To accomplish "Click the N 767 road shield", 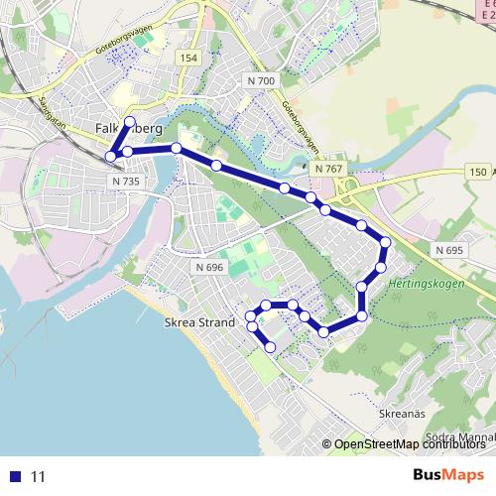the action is tap(328, 169).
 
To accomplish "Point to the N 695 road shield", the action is tap(448, 250).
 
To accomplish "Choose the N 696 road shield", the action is tap(209, 267).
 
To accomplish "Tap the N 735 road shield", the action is tap(127, 182).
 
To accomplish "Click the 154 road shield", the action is tap(188, 59).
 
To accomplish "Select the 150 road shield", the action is tap(476, 172).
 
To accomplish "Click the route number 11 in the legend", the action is tap(39, 477).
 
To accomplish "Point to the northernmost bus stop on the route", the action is tap(129, 120).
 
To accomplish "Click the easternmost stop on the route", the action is tap(385, 243).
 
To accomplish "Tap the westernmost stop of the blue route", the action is tap(109, 157).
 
